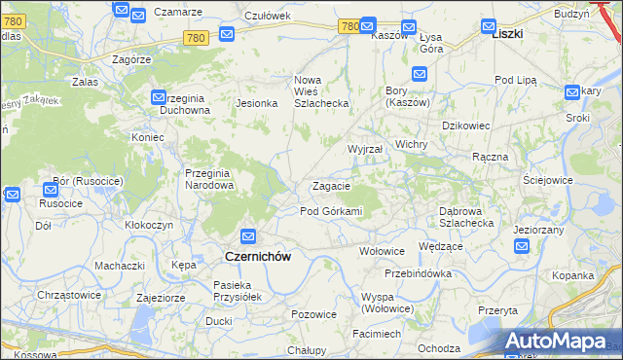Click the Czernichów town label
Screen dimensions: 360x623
(x=258, y=256)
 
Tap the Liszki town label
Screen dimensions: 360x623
(x=507, y=32)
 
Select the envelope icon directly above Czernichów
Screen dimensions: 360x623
(x=248, y=236)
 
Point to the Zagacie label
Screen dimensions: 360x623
(x=331, y=186)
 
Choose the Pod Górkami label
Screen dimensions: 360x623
(x=331, y=211)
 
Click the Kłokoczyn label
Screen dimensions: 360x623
(x=149, y=224)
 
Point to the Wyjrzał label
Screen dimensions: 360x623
(x=365, y=149)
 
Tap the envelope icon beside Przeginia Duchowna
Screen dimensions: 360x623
(x=160, y=97)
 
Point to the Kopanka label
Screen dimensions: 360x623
(x=573, y=276)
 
